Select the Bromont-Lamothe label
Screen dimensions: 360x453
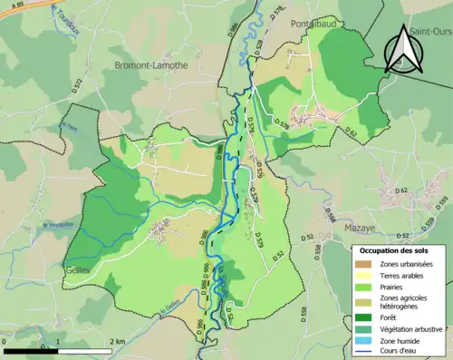click(x=151, y=64)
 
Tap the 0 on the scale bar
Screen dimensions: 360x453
click(x=5, y=341)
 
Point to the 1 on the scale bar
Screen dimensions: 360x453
click(x=60, y=341)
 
